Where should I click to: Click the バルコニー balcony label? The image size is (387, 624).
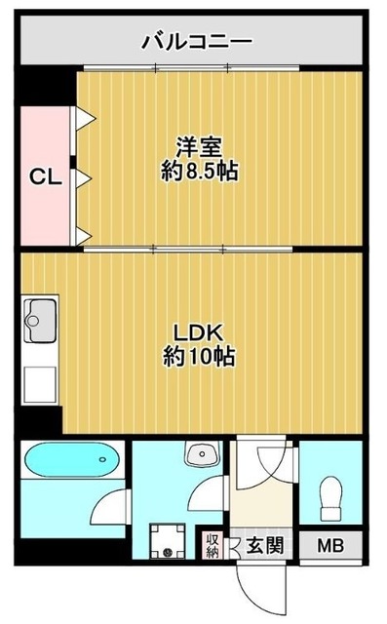(197, 41)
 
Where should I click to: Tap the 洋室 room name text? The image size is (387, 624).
(199, 148)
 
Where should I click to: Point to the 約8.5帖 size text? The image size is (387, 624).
(199, 173)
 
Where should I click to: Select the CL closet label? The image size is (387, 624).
(44, 177)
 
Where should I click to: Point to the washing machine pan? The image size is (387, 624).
(168, 541)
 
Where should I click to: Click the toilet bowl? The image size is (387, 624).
(329, 496)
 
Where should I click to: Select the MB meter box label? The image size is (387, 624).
(329, 545)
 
